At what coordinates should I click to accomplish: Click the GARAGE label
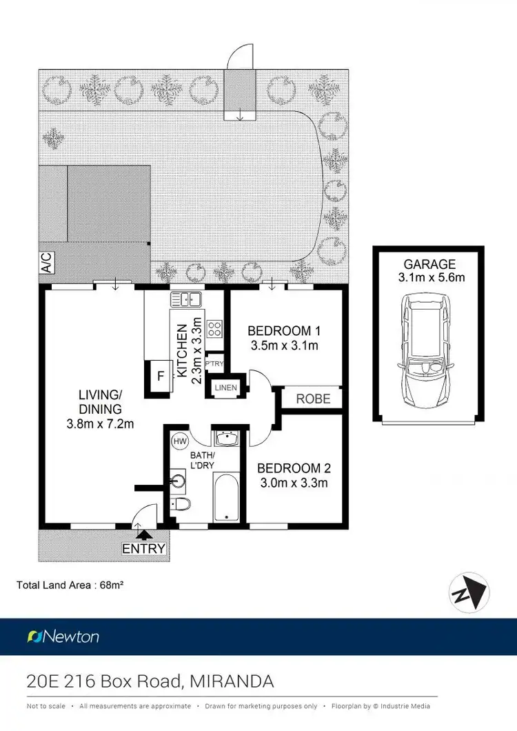point(429,263)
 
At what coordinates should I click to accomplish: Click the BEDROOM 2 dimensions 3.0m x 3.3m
point(292,483)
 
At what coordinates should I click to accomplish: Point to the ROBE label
point(313,399)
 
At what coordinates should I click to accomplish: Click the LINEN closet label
point(225,388)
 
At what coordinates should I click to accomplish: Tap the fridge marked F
point(159,377)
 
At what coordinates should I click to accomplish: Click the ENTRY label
point(144,549)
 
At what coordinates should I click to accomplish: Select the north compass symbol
point(471,591)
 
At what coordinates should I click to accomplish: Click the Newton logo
point(63,637)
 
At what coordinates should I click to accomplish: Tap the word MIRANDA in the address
point(230,681)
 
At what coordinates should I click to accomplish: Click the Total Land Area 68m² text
point(70,585)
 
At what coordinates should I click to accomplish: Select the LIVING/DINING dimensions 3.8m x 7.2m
point(101,423)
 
